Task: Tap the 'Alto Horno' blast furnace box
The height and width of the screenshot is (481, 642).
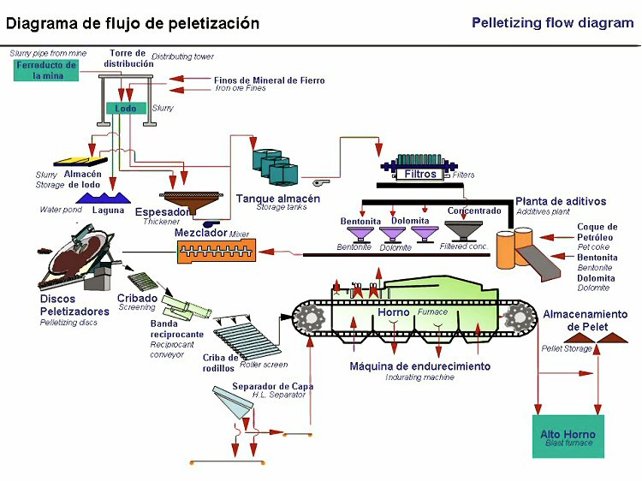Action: pyautogui.click(x=568, y=436)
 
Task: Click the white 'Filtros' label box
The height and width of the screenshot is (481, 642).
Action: pyautogui.click(x=420, y=174)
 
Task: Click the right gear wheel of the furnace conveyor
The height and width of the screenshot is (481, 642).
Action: pyautogui.click(x=518, y=318)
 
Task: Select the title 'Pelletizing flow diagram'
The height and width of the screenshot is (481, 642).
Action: pyautogui.click(x=552, y=23)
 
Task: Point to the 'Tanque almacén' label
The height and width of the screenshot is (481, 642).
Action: pyautogui.click(x=278, y=199)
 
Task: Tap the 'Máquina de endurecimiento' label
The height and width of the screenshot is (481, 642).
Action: pyautogui.click(x=420, y=366)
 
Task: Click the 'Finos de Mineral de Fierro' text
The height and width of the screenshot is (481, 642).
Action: pyautogui.click(x=269, y=80)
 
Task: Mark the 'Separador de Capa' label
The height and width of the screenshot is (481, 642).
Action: pyautogui.click(x=273, y=386)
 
